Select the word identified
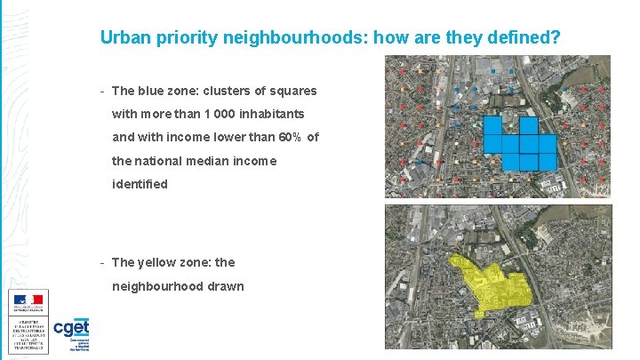(140, 184)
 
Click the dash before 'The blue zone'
(103, 91)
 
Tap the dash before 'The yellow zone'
(103, 262)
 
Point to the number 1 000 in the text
(220, 114)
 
